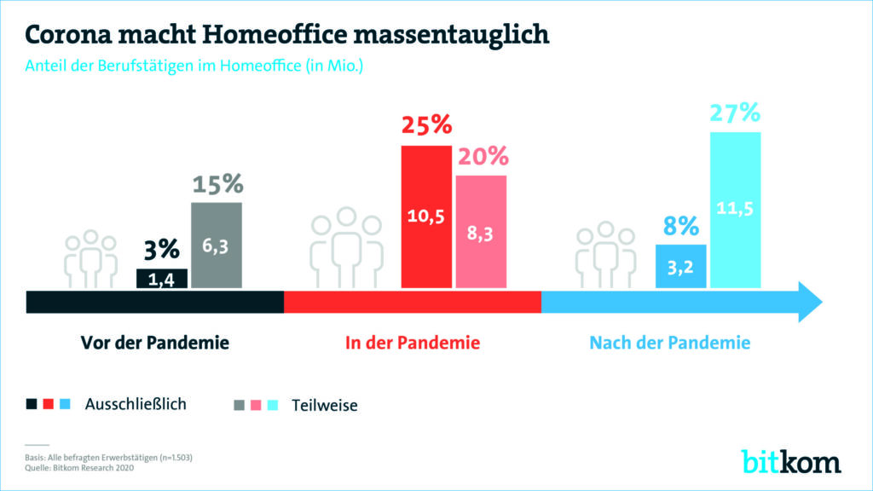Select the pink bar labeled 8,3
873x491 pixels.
tap(481, 231)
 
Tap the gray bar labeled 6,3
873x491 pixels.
tap(217, 245)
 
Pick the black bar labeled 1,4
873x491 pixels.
tap(162, 279)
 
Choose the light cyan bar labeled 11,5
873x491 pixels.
tap(735, 210)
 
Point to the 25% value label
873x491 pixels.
tap(426, 126)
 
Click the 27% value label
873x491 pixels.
tap(735, 113)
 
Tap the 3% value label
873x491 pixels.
tap(161, 250)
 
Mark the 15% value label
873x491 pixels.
tap(217, 184)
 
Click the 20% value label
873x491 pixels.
tap(482, 157)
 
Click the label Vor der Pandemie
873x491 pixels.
tap(155, 344)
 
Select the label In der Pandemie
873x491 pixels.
tap(413, 344)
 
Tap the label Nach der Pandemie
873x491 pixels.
tap(670, 344)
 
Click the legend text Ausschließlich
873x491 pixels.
tap(136, 404)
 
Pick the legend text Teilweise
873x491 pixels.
tap(325, 406)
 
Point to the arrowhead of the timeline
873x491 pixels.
tap(809, 302)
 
